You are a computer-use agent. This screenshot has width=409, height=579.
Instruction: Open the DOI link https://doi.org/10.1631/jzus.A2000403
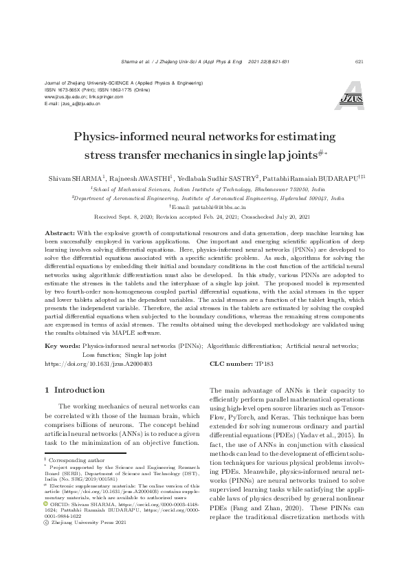(x=98, y=363)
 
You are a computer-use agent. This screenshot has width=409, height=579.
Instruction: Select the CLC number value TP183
(x=264, y=363)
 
